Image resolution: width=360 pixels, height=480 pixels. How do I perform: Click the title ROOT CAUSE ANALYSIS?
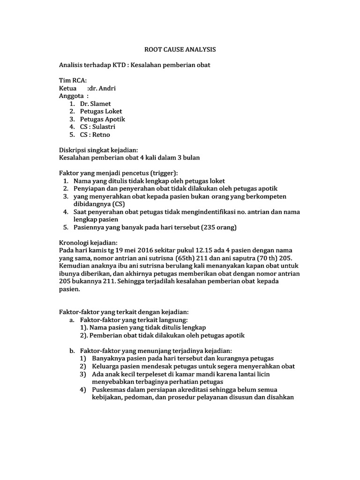pyautogui.click(x=180, y=49)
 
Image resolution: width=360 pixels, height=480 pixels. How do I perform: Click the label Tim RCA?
pyautogui.click(x=73, y=80)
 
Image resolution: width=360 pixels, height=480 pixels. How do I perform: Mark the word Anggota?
pyautogui.click(x=72, y=96)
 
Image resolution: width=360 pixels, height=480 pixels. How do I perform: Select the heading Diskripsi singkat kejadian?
pyautogui.click(x=98, y=150)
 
